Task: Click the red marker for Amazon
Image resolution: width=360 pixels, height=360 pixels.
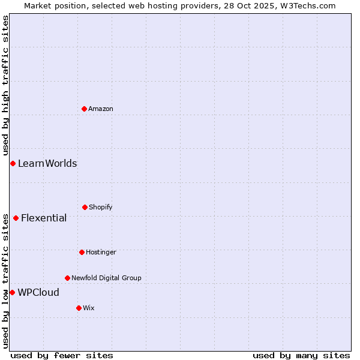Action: tap(84, 109)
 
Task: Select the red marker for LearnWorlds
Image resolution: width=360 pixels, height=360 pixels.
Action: tap(13, 163)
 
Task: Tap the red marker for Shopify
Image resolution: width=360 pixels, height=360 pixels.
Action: tap(85, 207)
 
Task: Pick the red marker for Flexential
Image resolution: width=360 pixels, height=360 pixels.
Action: tap(16, 218)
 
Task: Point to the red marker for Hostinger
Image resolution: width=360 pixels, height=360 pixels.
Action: tap(82, 252)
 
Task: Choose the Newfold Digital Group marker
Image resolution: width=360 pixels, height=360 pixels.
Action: tap(67, 278)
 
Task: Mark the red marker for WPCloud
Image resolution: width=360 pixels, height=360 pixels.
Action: tap(12, 292)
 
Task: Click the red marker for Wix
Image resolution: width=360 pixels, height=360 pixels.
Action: tap(79, 308)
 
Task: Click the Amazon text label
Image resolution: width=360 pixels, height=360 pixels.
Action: tap(101, 109)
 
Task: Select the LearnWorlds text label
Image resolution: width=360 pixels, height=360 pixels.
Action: tap(47, 163)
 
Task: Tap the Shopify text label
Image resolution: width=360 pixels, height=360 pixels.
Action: tap(101, 207)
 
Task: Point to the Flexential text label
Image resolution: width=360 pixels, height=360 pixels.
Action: tap(44, 218)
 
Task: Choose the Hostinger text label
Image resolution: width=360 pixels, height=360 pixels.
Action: tap(101, 252)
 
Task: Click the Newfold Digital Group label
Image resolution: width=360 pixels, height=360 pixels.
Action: tap(106, 278)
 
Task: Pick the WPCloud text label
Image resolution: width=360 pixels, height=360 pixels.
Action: tap(38, 292)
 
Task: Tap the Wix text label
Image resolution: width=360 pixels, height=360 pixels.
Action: tap(89, 308)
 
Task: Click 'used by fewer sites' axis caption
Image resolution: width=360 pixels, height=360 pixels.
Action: tap(62, 355)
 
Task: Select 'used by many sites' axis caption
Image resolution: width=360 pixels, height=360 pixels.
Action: tap(301, 355)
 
